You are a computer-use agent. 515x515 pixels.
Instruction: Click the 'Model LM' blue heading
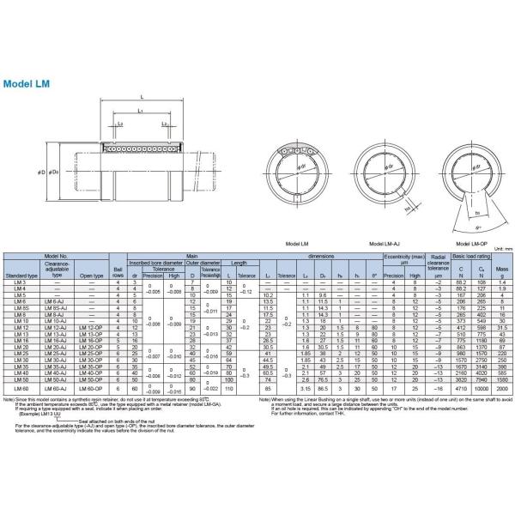tap(29, 84)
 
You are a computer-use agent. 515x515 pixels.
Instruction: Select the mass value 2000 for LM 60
tap(504, 388)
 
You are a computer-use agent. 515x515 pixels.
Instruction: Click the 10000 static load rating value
tap(482, 388)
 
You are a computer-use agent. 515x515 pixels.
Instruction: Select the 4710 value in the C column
tap(459, 388)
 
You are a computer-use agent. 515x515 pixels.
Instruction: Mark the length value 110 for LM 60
tap(229, 388)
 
